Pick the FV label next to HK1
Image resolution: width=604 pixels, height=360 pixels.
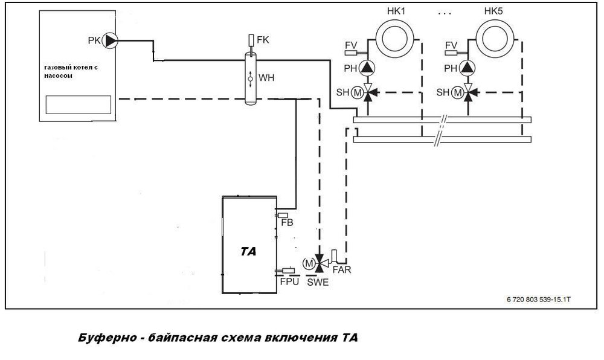click(350, 45)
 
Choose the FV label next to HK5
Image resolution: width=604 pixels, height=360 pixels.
click(451, 45)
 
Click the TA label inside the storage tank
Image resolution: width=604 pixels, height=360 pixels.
click(248, 252)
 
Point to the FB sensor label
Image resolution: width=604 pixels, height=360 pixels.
click(288, 223)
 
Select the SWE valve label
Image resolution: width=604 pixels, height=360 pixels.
click(318, 282)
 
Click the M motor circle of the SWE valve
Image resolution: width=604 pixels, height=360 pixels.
click(308, 263)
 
